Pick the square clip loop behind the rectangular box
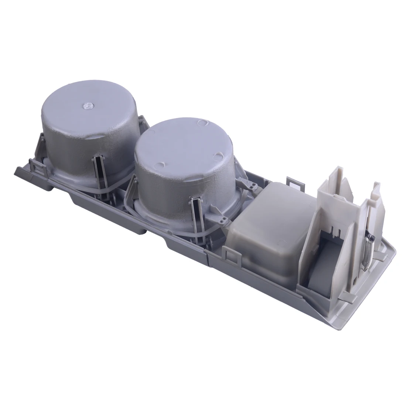click(293, 180)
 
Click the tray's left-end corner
click(17, 171)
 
